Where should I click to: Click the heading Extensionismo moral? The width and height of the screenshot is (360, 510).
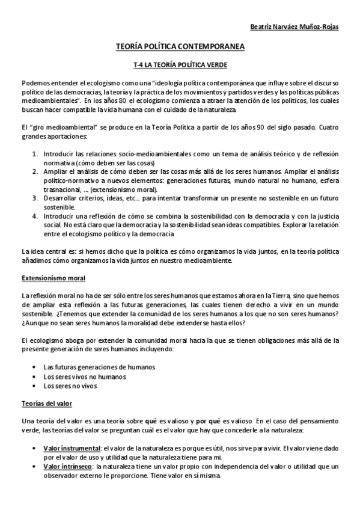point(53,278)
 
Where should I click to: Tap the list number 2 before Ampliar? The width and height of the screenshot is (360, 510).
point(34,171)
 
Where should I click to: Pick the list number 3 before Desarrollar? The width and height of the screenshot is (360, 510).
point(34,196)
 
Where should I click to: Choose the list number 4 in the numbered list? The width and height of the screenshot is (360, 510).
point(34,213)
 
